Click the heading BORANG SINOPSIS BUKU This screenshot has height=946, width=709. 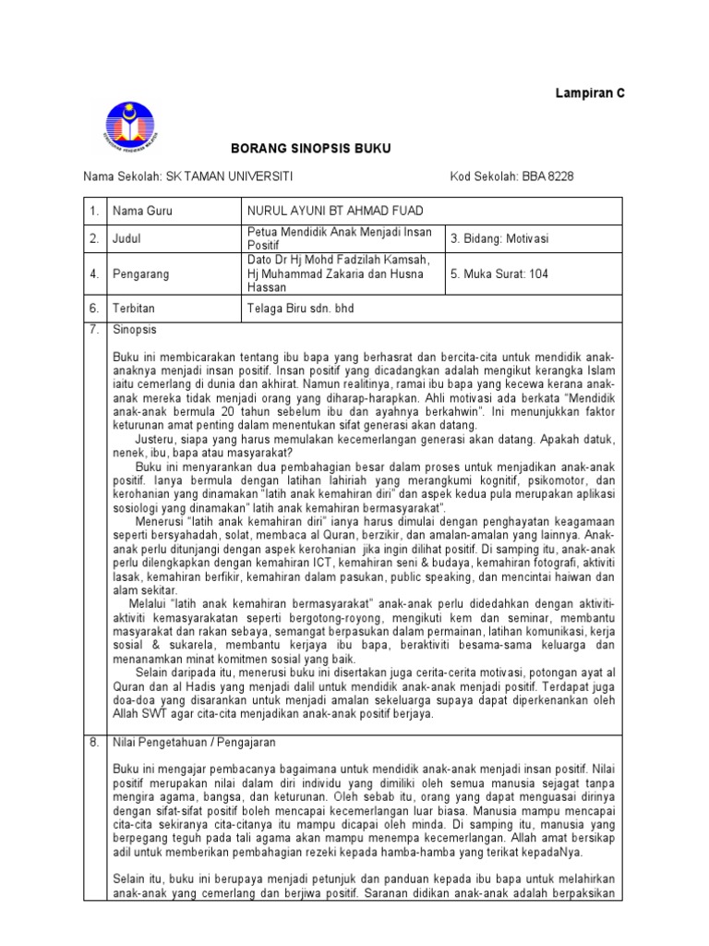coord(297,148)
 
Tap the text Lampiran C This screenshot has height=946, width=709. coord(589,93)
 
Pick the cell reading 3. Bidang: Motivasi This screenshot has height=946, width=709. coord(499,238)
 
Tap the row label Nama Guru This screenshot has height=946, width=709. coord(142,212)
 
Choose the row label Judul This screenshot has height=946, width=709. coord(127,238)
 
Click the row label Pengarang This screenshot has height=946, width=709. coord(140,274)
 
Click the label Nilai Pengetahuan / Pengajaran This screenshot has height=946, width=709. coord(194,742)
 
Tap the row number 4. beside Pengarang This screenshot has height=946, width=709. coord(93,274)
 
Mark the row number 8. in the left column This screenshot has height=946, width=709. coord(93,742)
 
